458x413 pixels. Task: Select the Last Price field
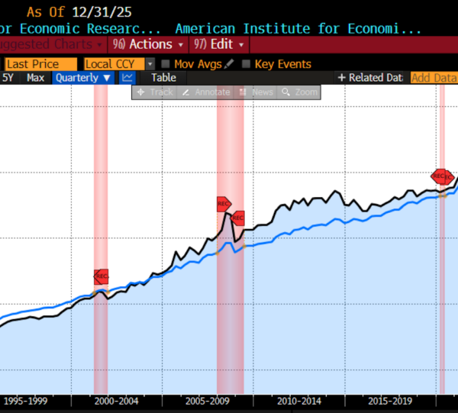[40, 64]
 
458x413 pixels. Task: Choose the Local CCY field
[113, 64]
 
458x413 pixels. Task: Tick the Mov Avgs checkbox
[166, 64]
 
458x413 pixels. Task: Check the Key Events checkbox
[247, 64]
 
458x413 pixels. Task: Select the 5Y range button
[8, 78]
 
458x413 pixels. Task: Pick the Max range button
[35, 78]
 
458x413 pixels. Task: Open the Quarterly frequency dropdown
[83, 78]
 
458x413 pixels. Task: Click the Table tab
[163, 78]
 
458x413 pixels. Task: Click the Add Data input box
[433, 78]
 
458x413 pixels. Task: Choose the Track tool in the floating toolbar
[155, 92]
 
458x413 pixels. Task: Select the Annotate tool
[206, 92]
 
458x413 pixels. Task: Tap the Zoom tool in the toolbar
[299, 92]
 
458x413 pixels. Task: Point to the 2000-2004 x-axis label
[117, 401]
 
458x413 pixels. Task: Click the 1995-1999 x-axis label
[27, 401]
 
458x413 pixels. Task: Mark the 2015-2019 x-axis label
[389, 401]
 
